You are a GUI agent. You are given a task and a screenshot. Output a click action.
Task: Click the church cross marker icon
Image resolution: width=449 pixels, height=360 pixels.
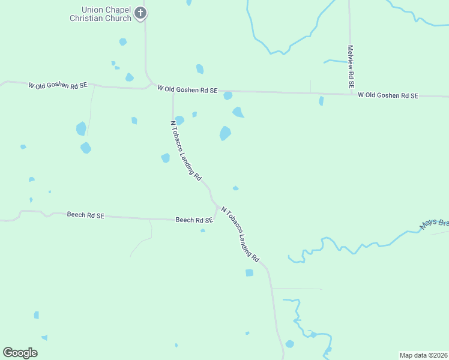140,13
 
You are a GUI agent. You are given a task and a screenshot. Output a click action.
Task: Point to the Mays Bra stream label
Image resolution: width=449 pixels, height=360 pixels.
435,224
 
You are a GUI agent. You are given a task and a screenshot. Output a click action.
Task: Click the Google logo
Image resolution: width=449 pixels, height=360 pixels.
20,353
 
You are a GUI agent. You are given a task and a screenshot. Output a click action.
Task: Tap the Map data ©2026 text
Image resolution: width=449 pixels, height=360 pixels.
423,355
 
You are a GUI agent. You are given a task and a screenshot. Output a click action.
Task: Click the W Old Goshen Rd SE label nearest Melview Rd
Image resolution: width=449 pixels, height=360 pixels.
387,95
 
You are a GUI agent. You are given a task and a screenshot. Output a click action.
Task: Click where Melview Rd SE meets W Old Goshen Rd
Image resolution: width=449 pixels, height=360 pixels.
350,94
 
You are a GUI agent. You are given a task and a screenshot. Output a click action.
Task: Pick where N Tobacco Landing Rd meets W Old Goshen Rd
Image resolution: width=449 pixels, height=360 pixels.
173,90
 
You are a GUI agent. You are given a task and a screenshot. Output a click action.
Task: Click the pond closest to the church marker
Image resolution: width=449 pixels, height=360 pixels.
123,42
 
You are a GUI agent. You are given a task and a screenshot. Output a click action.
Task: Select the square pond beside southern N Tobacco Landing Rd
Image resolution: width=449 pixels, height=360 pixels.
249,272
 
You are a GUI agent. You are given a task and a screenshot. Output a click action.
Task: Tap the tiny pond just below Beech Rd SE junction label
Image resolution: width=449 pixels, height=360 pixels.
203,230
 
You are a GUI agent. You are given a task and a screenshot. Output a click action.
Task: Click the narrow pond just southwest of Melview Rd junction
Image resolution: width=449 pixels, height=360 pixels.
321,101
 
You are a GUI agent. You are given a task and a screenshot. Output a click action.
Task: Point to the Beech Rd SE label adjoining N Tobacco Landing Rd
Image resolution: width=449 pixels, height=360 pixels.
194,220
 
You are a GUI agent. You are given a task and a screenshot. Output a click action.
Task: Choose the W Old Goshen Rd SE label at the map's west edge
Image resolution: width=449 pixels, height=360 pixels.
58,86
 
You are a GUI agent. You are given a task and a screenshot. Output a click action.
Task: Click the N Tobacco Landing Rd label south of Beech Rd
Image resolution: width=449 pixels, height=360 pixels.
240,235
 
